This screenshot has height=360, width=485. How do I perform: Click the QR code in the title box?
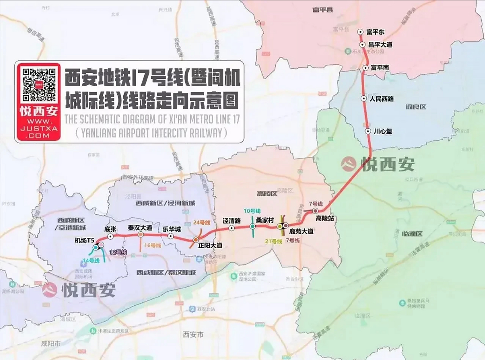39,85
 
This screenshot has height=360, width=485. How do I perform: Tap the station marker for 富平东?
360,32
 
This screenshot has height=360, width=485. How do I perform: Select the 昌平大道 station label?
380,45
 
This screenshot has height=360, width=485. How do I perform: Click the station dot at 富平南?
365,68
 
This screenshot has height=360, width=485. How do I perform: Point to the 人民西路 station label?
382,99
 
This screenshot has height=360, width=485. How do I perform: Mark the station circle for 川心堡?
368,131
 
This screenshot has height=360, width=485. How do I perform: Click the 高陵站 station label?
325,218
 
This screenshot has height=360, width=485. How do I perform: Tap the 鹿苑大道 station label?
301,231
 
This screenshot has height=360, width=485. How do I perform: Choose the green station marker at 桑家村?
252,226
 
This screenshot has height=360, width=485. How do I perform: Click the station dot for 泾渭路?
231,228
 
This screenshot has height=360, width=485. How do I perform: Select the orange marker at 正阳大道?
195,240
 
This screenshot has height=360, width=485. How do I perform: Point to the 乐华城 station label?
172,229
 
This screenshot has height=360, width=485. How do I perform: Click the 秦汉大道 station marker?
140,235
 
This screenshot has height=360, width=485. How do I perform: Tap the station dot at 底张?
111,237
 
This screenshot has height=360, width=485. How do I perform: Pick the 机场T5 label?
84,240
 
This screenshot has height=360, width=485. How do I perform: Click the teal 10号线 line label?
252,211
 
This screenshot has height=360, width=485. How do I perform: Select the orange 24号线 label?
202,223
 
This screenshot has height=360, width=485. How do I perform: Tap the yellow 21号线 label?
273,241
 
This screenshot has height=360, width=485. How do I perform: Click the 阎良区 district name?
416,107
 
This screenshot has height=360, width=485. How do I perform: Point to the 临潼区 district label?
412,234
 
